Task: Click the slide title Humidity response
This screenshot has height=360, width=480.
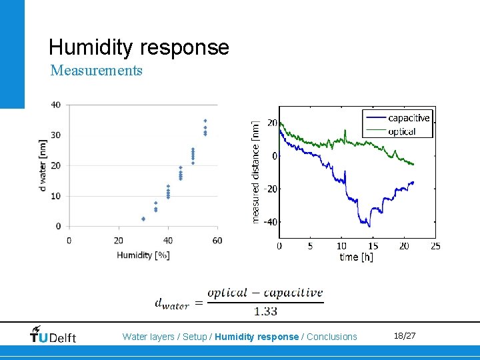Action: tap(139, 47)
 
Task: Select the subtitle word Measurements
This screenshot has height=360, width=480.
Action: tap(96, 70)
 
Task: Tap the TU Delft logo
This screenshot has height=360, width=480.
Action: tap(53, 335)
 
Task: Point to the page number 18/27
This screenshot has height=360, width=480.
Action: tap(404, 335)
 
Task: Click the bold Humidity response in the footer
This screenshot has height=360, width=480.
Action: tap(257, 337)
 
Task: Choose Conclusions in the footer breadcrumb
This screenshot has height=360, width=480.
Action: tap(331, 337)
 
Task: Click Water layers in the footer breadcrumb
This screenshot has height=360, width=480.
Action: tap(150, 337)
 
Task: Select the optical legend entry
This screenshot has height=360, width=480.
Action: tap(401, 131)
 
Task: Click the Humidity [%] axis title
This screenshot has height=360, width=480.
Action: tap(143, 255)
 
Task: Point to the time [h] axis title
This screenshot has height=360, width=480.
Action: tap(358, 257)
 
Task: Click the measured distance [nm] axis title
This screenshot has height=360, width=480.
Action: tap(256, 171)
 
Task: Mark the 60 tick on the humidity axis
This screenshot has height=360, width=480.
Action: tap(217, 240)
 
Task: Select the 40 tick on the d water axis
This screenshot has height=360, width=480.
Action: tap(56, 105)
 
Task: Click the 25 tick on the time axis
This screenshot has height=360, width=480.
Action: tap(435, 246)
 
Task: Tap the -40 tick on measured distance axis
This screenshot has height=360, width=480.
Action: tap(269, 222)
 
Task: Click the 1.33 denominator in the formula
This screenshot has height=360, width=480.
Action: tap(265, 311)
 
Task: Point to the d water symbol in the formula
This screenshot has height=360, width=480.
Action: tap(172, 305)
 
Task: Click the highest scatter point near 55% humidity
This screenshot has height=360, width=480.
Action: tap(205, 121)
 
